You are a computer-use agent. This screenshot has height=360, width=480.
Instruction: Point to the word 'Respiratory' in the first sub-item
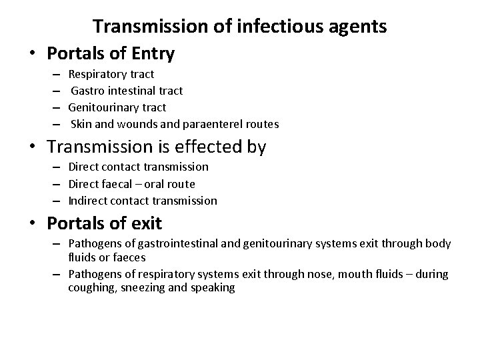(95, 74)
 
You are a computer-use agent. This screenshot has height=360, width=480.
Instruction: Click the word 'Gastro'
(87, 91)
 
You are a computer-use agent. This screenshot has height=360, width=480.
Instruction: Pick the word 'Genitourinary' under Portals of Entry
(100, 107)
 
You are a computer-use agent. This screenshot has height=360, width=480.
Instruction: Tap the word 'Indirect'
(87, 201)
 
